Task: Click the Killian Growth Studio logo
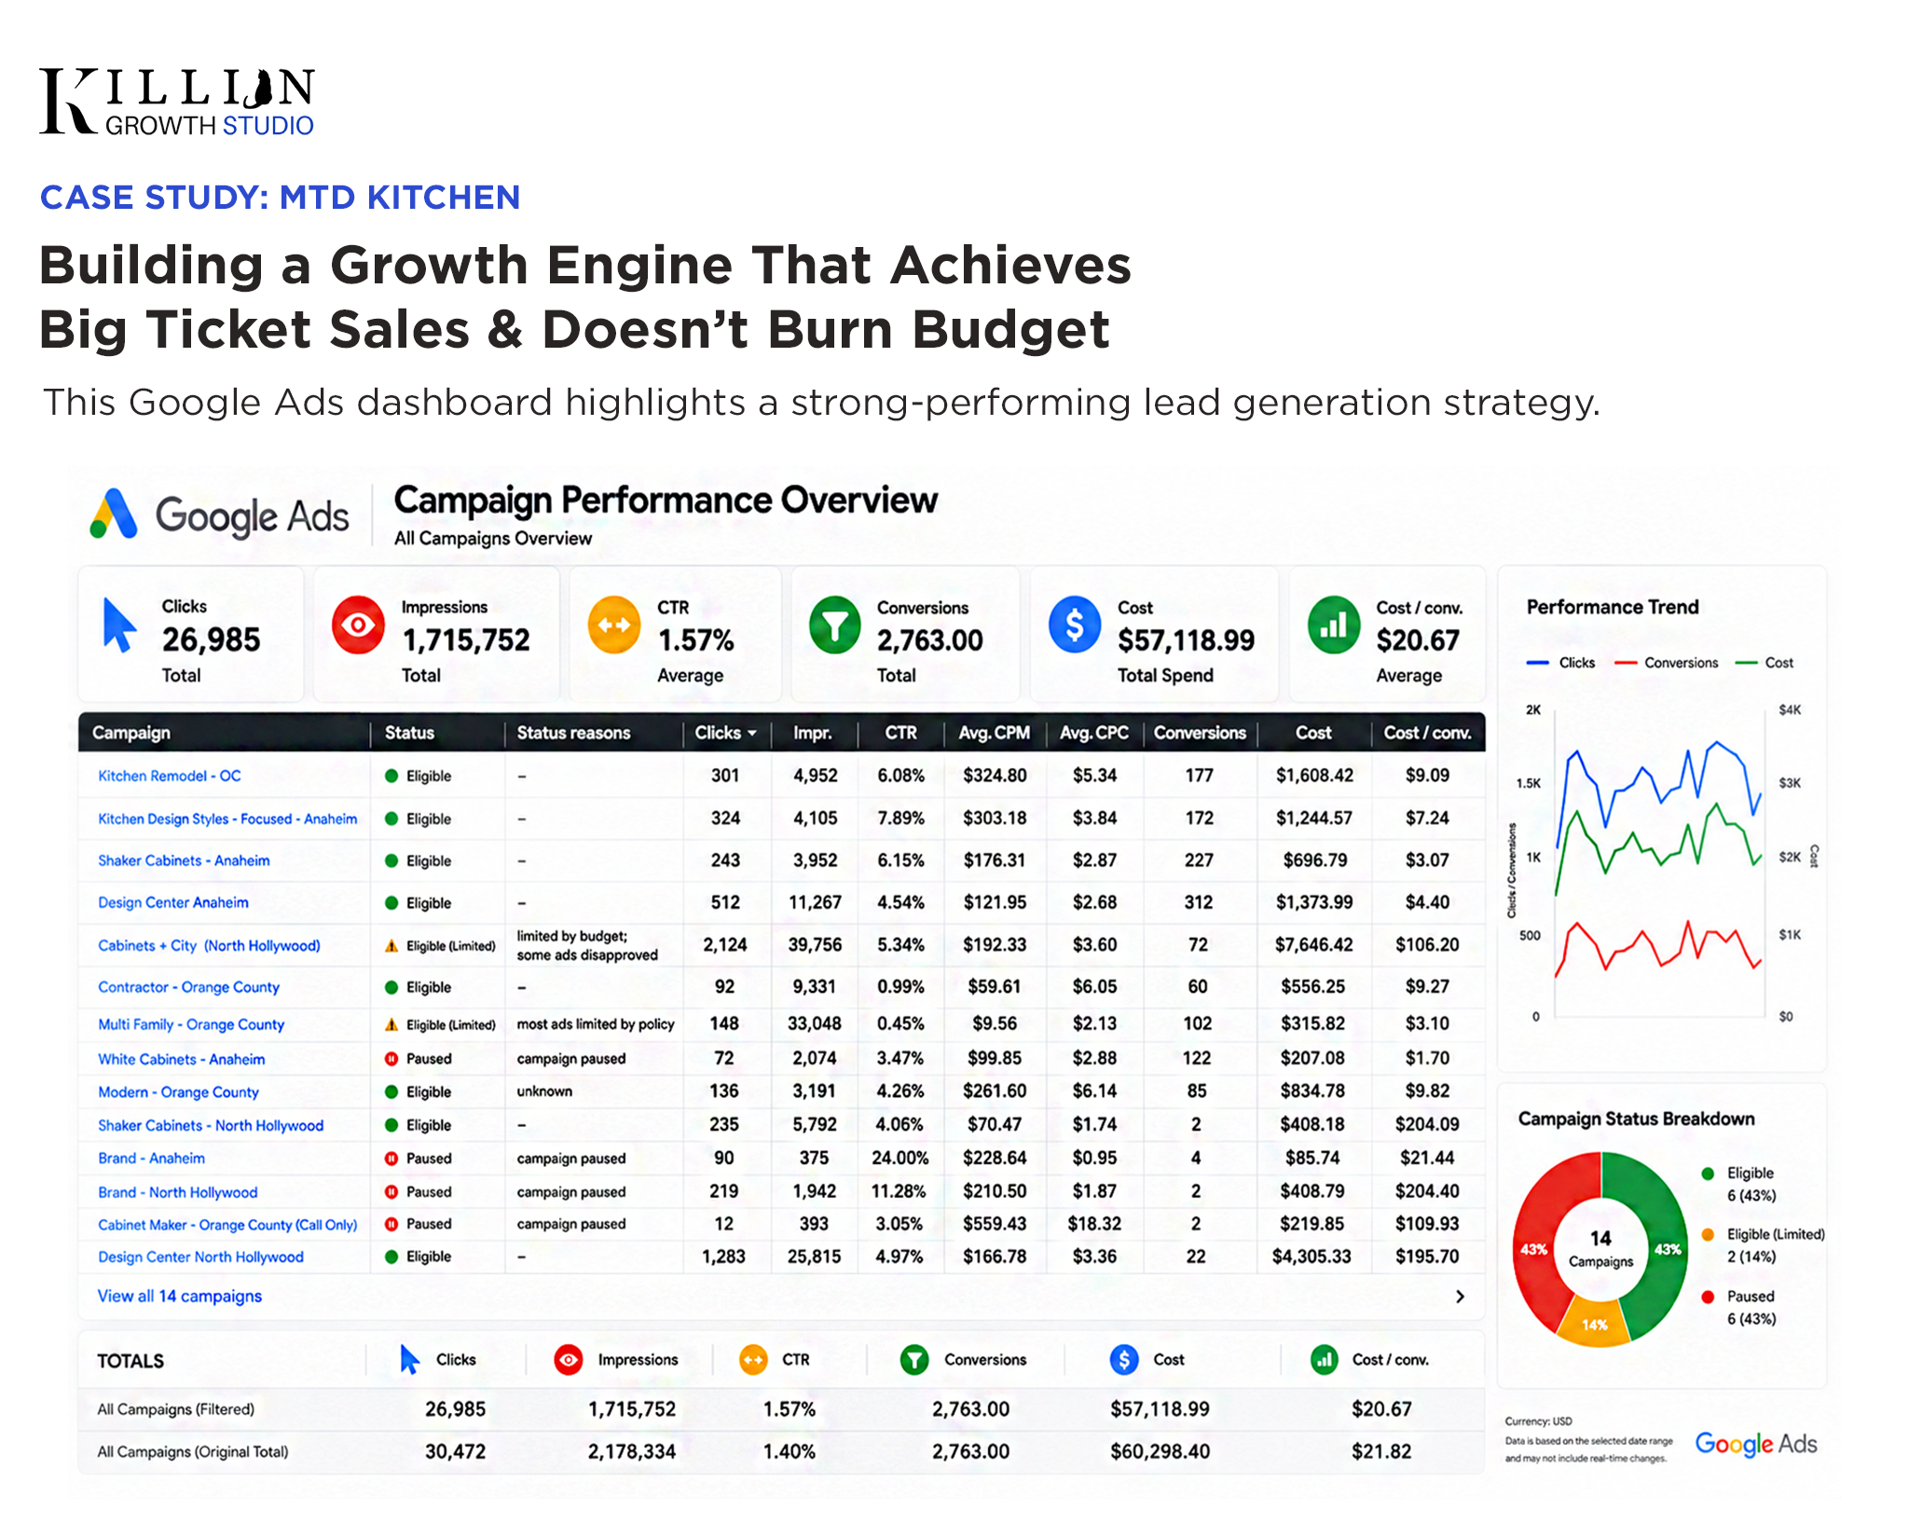(x=177, y=102)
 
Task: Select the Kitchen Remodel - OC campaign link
(x=170, y=776)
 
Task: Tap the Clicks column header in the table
(x=725, y=733)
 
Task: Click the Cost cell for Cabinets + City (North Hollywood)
(x=1313, y=944)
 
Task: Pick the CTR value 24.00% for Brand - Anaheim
(x=900, y=1158)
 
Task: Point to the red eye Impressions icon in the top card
(x=359, y=625)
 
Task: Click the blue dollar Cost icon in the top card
(x=1075, y=625)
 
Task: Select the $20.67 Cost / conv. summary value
(x=1418, y=640)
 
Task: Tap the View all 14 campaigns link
(x=180, y=1296)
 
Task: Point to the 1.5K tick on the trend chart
(x=1529, y=783)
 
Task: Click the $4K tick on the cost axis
(x=1790, y=710)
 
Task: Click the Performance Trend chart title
(x=1613, y=607)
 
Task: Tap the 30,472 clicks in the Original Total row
(x=455, y=1451)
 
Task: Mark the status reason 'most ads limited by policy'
(x=596, y=1023)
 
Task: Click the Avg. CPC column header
(x=1094, y=733)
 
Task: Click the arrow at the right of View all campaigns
(x=1461, y=1297)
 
